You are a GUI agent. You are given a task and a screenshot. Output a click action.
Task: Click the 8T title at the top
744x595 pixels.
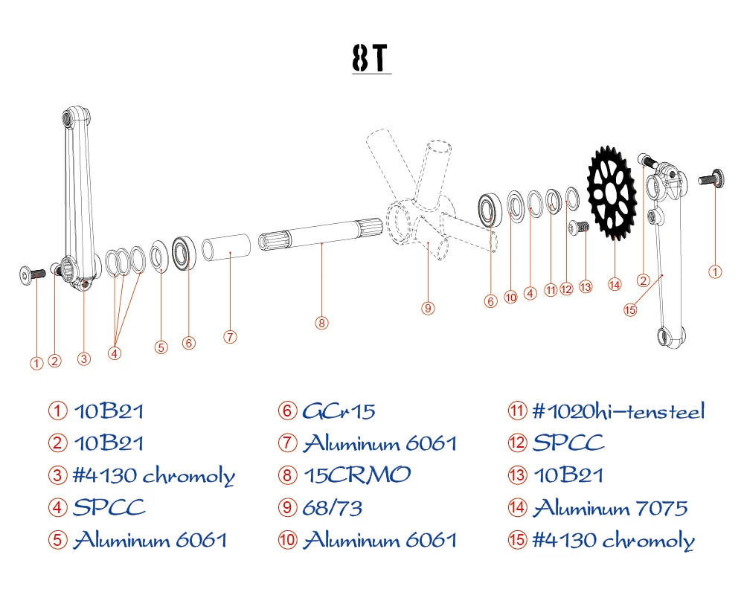click(371, 59)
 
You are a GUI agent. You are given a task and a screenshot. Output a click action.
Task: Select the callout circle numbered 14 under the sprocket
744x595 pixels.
click(614, 283)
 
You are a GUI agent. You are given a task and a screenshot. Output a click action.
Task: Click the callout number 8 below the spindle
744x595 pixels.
click(321, 323)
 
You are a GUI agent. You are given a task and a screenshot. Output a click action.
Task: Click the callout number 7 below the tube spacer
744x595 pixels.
click(230, 337)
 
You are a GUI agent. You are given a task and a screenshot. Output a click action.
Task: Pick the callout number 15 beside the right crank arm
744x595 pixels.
click(630, 310)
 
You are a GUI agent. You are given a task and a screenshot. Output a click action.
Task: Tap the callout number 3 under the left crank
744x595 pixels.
click(84, 358)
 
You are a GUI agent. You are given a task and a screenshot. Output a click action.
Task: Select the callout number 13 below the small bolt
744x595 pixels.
click(586, 286)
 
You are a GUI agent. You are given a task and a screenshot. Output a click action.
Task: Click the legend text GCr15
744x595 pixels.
click(339, 411)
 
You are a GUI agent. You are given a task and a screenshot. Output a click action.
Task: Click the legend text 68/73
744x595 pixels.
click(333, 507)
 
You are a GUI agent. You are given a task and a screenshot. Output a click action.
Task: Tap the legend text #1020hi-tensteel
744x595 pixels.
click(618, 411)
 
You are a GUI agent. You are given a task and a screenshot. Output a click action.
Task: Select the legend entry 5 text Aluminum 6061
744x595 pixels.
click(150, 540)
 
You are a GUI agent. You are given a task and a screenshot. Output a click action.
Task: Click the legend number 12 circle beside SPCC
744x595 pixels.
click(517, 443)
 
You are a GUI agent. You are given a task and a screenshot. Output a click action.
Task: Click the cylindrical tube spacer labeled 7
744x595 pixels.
click(228, 248)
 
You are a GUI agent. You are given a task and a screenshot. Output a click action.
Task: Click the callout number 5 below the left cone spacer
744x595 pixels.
click(161, 346)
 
